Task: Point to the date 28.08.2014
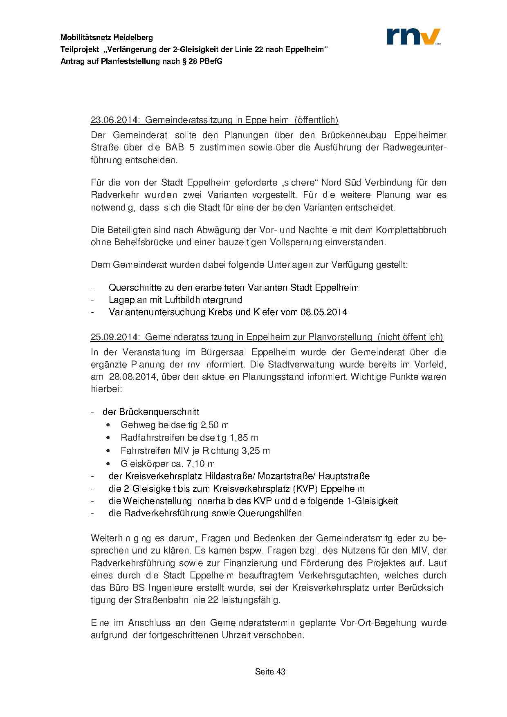(x=132, y=376)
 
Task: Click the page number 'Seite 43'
(x=270, y=671)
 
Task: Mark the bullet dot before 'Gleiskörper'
(x=108, y=464)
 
